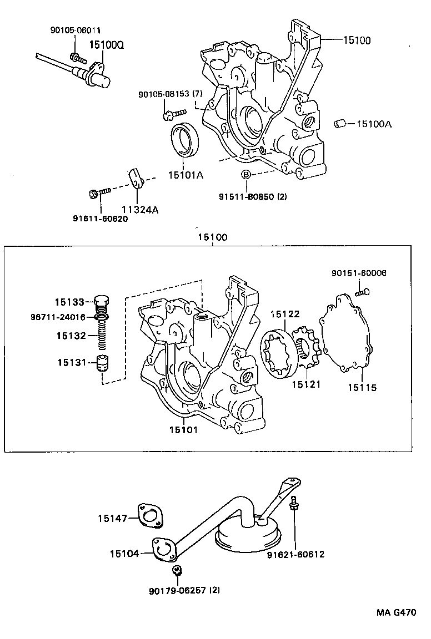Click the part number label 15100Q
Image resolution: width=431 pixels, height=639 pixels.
pos(104,44)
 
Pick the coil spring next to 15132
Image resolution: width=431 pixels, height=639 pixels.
pos(102,336)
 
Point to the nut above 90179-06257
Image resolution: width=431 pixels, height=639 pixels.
pos(177,571)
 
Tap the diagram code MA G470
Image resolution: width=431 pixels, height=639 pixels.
pos(397,613)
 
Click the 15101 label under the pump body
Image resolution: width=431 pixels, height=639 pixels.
pos(185,429)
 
